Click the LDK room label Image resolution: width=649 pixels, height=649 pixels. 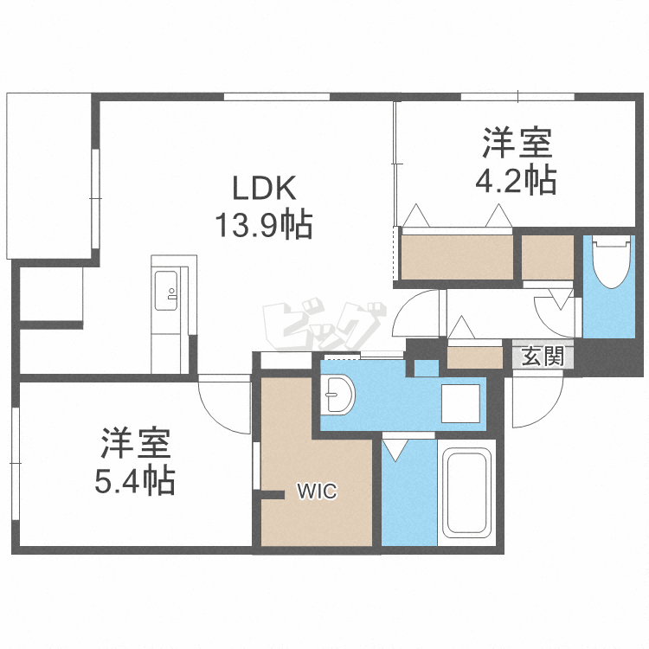(x=264, y=188)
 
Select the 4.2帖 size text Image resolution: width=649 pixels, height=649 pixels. (x=516, y=181)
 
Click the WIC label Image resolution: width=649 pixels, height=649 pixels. (x=317, y=492)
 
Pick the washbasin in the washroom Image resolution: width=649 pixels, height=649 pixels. (x=341, y=396)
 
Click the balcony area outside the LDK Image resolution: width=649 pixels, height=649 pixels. (x=48, y=173)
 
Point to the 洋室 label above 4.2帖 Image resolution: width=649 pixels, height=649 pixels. (x=516, y=142)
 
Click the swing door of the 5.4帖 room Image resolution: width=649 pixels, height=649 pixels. (x=222, y=405)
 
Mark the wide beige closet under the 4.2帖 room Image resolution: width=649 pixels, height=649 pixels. (x=456, y=257)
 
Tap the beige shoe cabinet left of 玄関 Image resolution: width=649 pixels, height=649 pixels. (x=475, y=356)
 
